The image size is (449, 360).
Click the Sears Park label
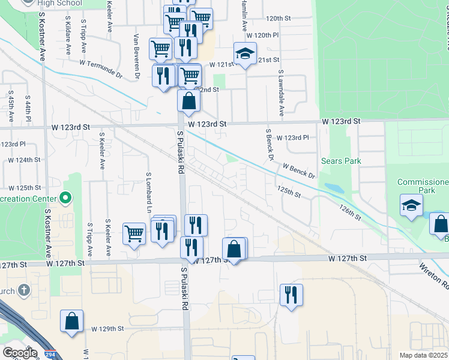click(x=342, y=161)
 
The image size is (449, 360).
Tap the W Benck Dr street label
click(x=298, y=170)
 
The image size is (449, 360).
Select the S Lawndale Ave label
click(x=280, y=92)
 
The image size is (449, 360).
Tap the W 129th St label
click(x=107, y=329)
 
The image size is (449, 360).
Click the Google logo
click(x=20, y=353)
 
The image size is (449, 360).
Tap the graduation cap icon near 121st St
click(x=245, y=54)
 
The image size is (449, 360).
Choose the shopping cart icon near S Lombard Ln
click(x=134, y=233)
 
